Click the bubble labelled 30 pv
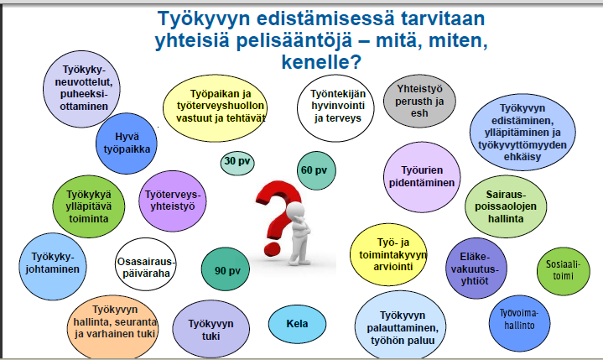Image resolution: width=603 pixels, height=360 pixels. [x=237, y=163]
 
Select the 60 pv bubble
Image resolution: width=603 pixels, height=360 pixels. [x=316, y=170]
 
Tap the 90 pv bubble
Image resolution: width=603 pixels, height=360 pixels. [x=226, y=269]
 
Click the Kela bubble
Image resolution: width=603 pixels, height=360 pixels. [x=297, y=324]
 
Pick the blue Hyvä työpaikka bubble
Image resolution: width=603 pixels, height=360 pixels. [x=127, y=143]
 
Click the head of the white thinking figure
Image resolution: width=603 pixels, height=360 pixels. [x=295, y=212]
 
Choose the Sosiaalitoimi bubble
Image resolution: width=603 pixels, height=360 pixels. [x=563, y=271]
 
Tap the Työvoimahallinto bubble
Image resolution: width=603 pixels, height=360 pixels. [x=519, y=323]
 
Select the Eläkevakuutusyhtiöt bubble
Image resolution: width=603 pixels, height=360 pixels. [x=476, y=269]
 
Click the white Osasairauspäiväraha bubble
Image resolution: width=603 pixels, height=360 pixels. [x=146, y=264]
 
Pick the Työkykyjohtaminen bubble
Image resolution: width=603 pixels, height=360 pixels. [x=53, y=266]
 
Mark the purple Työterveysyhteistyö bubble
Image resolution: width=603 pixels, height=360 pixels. [x=172, y=201]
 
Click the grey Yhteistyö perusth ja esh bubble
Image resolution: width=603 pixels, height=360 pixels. [x=419, y=102]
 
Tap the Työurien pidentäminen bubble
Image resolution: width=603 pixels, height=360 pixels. [x=422, y=177]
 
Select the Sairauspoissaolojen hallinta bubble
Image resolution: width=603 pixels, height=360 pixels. [x=506, y=206]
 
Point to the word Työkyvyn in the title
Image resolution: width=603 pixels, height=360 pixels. [x=204, y=18]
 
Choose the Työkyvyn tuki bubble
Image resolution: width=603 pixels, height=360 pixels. [x=211, y=329]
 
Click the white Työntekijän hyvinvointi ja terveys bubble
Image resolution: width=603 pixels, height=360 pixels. [x=335, y=108]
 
